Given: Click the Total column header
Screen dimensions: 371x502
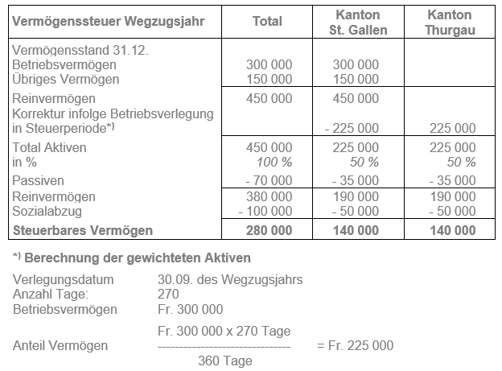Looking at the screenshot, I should click(x=267, y=22).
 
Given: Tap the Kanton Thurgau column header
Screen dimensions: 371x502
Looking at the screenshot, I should click(x=451, y=23).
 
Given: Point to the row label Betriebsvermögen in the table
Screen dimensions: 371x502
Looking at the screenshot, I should click(x=61, y=64).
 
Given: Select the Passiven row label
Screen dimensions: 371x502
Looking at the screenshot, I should click(x=39, y=180).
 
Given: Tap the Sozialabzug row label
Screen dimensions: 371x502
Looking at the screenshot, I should click(x=47, y=211).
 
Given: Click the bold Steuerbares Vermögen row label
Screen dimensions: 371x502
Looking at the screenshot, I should click(x=83, y=231).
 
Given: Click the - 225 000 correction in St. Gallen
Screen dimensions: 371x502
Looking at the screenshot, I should click(x=352, y=129).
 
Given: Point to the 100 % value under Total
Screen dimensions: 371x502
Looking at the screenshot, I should click(x=274, y=163).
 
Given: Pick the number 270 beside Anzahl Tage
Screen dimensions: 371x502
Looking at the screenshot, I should click(x=169, y=295).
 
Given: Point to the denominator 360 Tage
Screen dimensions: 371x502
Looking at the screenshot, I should click(x=224, y=361).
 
